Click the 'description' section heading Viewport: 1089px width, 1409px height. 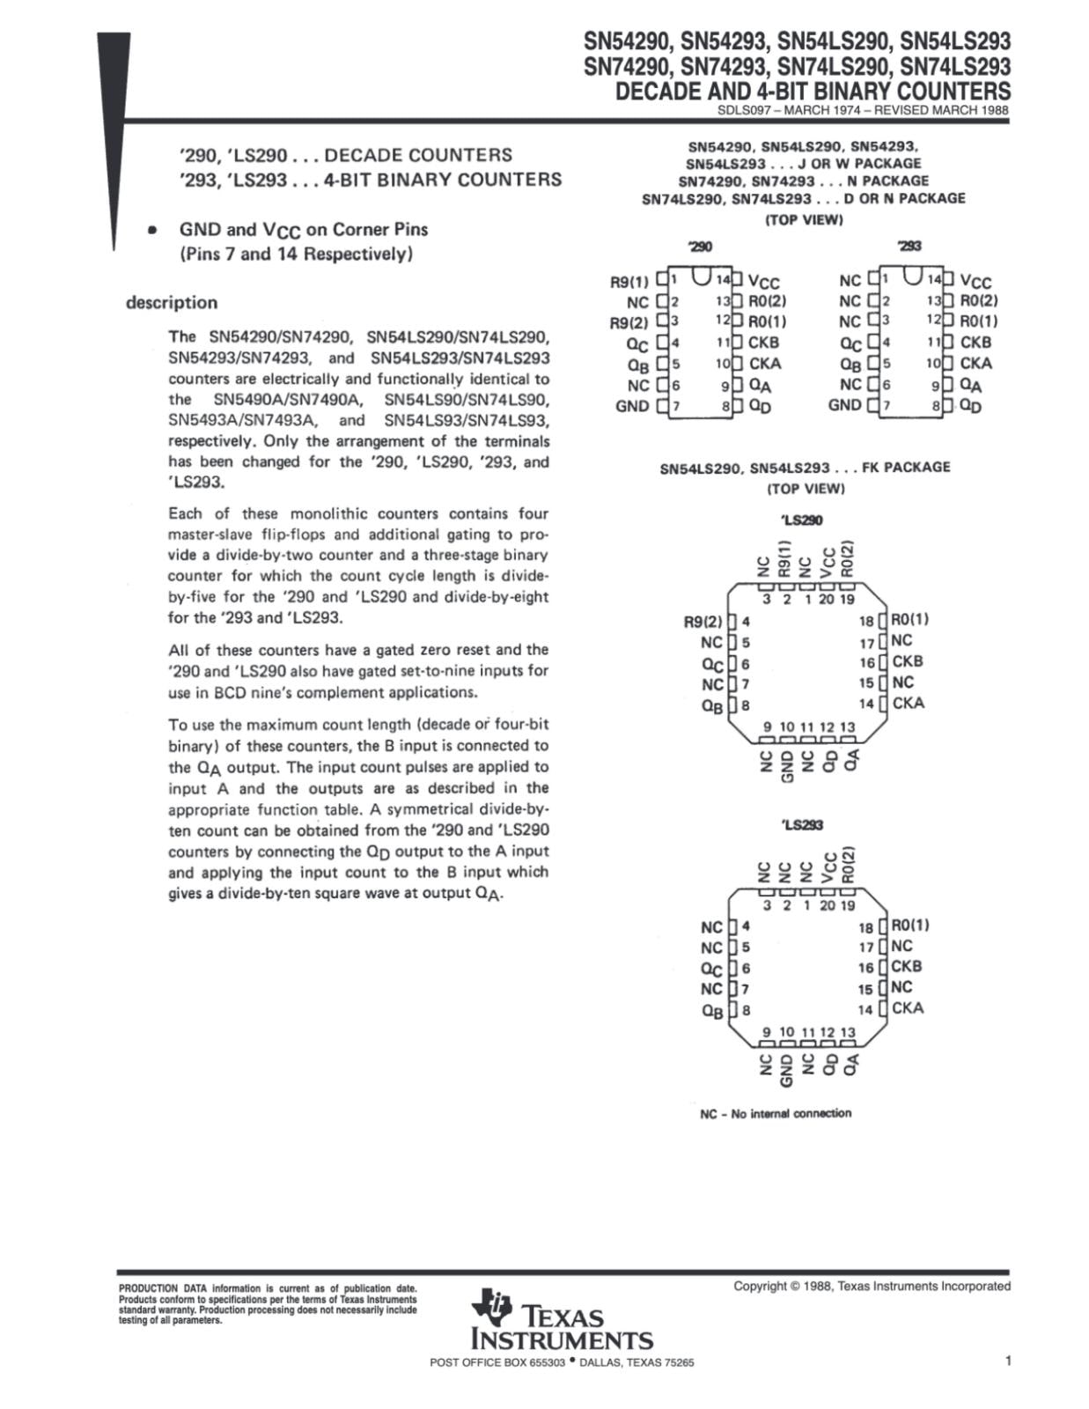point(172,303)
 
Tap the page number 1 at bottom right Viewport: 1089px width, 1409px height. point(1007,1361)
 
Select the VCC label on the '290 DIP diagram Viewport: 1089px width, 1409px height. point(763,282)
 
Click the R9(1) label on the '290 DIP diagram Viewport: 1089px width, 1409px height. point(629,282)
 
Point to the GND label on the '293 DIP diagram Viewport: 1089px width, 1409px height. point(844,405)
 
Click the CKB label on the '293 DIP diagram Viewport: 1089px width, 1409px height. point(975,343)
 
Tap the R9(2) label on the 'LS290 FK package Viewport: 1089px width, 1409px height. point(703,622)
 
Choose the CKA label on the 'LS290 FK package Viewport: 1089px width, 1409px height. point(909,703)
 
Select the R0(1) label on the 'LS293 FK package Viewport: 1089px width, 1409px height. point(910,925)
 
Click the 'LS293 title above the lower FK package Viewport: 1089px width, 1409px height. point(801,825)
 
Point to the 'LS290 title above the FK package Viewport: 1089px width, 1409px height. point(801,520)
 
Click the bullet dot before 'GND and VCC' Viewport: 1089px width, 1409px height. point(152,230)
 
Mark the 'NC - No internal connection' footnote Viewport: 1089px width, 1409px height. point(776,1114)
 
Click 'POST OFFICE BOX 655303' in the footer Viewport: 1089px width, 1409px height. point(497,1362)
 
